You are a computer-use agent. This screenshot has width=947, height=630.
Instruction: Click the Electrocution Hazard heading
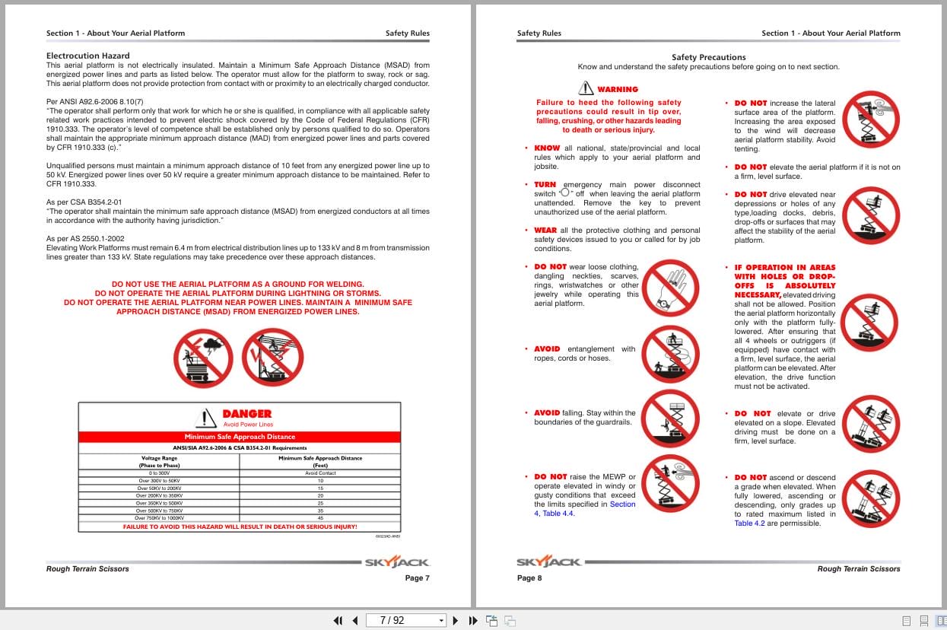tap(87, 56)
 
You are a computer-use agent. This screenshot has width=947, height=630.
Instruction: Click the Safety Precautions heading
tap(708, 57)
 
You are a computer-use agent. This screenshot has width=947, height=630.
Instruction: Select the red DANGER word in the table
tap(246, 414)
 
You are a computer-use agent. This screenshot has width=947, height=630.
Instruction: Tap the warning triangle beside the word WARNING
tap(585, 88)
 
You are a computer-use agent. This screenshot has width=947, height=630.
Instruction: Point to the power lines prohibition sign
tap(272, 356)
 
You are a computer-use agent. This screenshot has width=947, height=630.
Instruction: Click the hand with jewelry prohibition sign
tap(669, 288)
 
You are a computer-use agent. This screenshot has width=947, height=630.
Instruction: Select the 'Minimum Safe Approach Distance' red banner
tap(240, 437)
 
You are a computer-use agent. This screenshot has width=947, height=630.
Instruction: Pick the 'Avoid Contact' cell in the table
tap(320, 473)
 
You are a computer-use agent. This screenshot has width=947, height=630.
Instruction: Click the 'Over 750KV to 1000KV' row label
tap(160, 517)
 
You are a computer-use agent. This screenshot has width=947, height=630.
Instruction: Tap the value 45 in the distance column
tap(320, 517)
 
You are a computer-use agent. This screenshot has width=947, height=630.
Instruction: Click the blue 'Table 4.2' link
tap(749, 523)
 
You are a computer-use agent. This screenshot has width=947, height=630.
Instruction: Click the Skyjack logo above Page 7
tap(396, 562)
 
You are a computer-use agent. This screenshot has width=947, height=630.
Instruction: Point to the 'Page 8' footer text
tap(529, 578)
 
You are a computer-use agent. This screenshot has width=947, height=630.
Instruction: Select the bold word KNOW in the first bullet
tap(547, 148)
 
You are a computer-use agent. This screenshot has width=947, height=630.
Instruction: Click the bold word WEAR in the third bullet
tap(545, 231)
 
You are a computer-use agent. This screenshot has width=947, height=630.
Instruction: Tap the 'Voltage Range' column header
tap(160, 458)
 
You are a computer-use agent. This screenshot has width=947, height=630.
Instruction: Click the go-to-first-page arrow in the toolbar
tap(338, 620)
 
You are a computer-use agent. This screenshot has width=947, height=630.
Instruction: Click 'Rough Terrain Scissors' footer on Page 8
tap(858, 568)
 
